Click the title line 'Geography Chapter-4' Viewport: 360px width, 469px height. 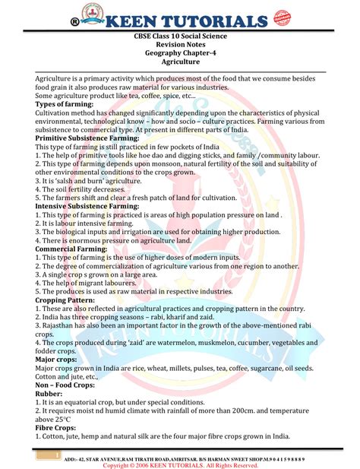point(180,53)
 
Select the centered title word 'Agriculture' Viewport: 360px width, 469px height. point(180,62)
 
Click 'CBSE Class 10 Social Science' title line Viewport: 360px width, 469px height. point(180,36)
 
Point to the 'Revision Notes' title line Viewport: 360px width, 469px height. point(180,45)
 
